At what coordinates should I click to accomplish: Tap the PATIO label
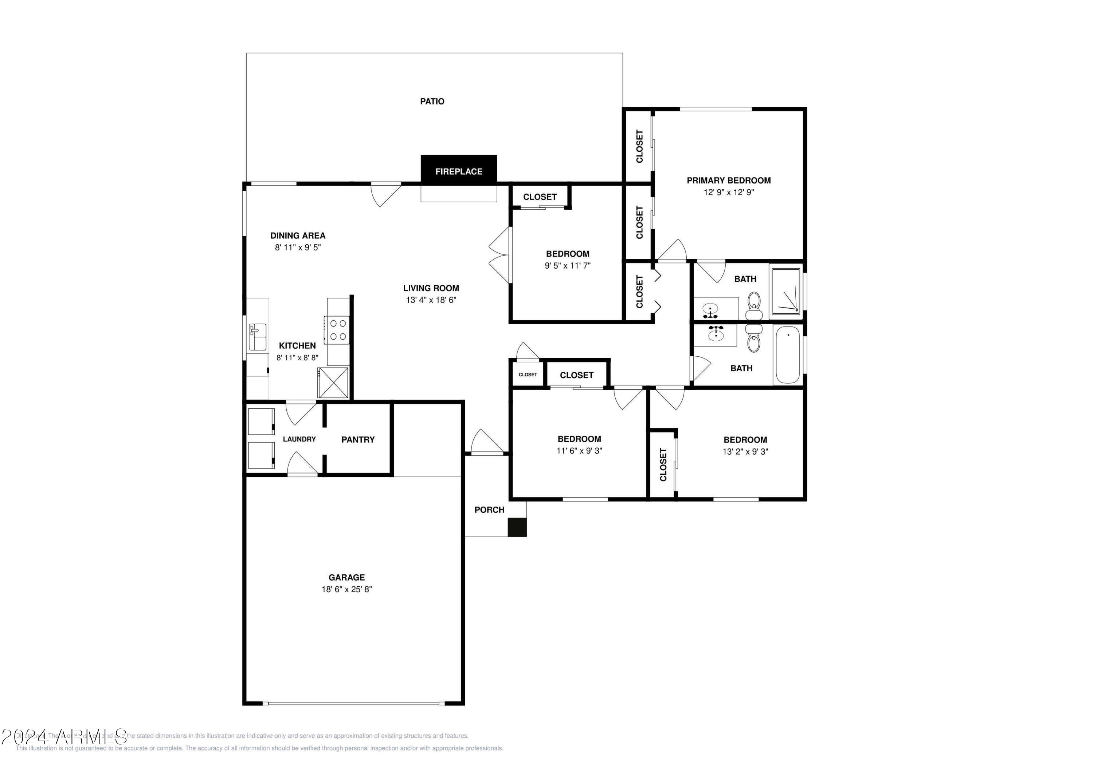click(432, 101)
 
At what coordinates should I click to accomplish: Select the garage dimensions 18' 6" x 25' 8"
click(346, 589)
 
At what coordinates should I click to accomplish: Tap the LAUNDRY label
click(299, 439)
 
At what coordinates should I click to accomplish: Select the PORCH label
click(489, 510)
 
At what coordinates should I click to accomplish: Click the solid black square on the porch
click(517, 527)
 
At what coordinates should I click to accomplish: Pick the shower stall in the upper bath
click(786, 292)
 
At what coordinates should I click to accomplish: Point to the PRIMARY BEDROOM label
click(728, 180)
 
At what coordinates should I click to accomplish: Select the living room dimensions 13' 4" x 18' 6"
click(431, 300)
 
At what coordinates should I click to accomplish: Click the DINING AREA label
click(298, 235)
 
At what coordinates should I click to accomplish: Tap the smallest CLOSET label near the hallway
click(528, 374)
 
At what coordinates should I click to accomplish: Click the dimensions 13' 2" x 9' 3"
click(745, 451)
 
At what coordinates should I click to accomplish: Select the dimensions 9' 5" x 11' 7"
click(567, 265)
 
